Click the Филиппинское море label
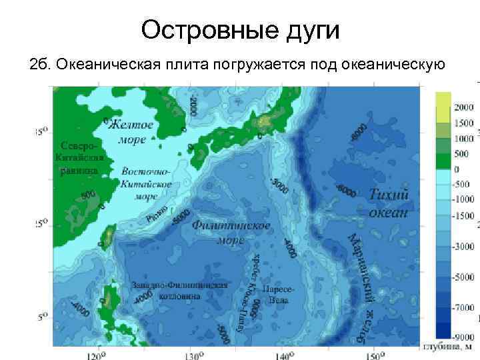pos(231,233)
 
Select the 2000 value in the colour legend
pos(464,107)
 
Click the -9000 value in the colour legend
pos(465,337)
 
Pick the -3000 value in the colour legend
pos(465,246)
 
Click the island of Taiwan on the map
pos(107,237)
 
